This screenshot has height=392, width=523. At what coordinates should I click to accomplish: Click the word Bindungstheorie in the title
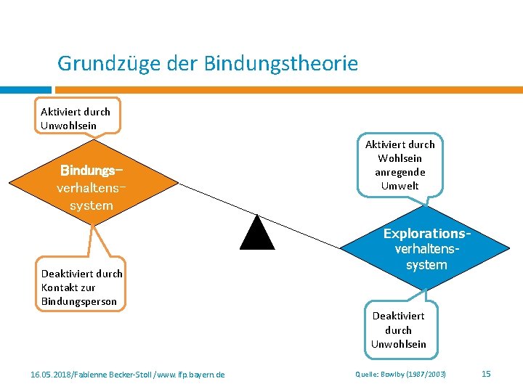click(281, 64)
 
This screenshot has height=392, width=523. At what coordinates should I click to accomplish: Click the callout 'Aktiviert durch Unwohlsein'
click(76, 118)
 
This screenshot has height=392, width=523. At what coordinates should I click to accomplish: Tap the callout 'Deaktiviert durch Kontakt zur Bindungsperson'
click(81, 287)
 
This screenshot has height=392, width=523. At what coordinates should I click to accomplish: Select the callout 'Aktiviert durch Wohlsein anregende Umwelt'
click(400, 166)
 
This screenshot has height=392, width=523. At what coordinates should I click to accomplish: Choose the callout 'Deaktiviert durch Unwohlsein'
click(399, 330)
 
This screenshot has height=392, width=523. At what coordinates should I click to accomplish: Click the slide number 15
click(487, 373)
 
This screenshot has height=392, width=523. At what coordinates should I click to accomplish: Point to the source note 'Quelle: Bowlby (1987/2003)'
click(400, 374)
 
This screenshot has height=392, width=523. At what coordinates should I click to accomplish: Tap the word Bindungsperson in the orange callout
click(79, 301)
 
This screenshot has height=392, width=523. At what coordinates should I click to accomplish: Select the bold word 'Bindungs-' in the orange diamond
click(92, 171)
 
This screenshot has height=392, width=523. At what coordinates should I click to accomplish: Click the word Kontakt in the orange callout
click(58, 287)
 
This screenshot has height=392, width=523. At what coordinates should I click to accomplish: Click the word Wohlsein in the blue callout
click(400, 158)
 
